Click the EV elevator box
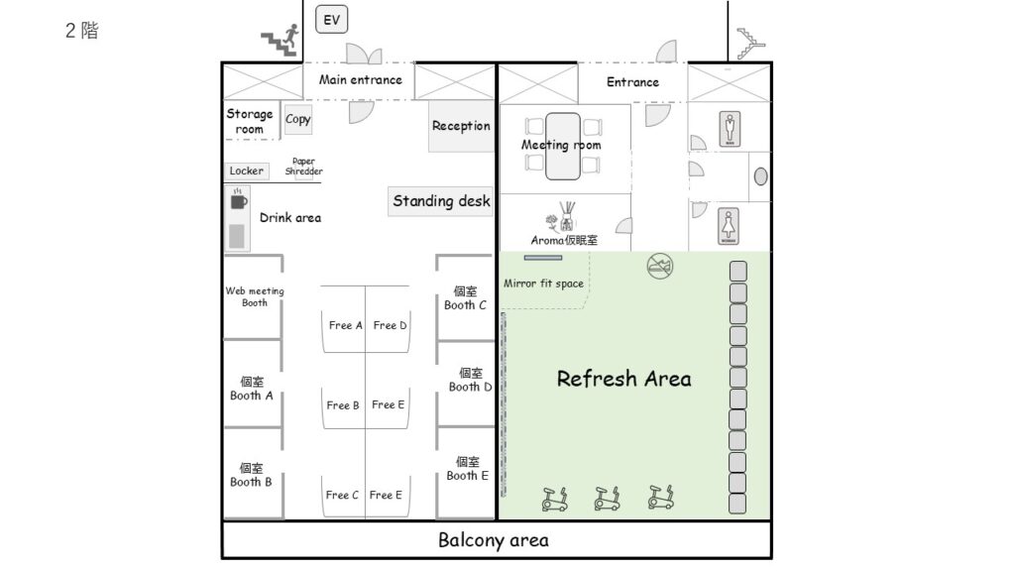[x=331, y=20]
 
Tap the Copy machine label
[x=297, y=119]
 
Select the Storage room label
[x=249, y=121]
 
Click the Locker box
[x=247, y=171]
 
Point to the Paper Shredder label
[x=303, y=167]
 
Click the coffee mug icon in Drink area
[x=238, y=200]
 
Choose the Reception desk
[x=461, y=126]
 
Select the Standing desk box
[x=441, y=201]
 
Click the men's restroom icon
[x=731, y=129]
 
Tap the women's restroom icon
[x=729, y=227]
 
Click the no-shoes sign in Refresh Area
[x=659, y=266]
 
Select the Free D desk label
[x=390, y=325]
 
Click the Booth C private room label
[x=465, y=297]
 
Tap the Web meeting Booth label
[x=255, y=296]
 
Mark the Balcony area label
[x=494, y=540]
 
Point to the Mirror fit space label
[x=544, y=283]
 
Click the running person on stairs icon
[x=281, y=40]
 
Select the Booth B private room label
[x=251, y=475]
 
